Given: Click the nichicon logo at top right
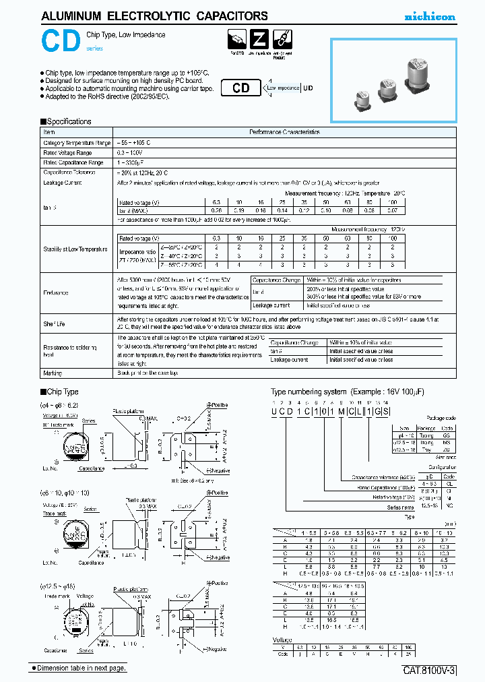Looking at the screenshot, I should (430, 16).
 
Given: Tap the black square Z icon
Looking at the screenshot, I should (260, 40).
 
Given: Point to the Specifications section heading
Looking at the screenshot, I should (66, 122).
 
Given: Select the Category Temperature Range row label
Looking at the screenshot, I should (77, 144).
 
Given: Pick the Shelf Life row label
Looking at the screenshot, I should (55, 324).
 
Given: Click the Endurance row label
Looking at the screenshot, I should (56, 293).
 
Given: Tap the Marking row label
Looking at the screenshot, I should (53, 373).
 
